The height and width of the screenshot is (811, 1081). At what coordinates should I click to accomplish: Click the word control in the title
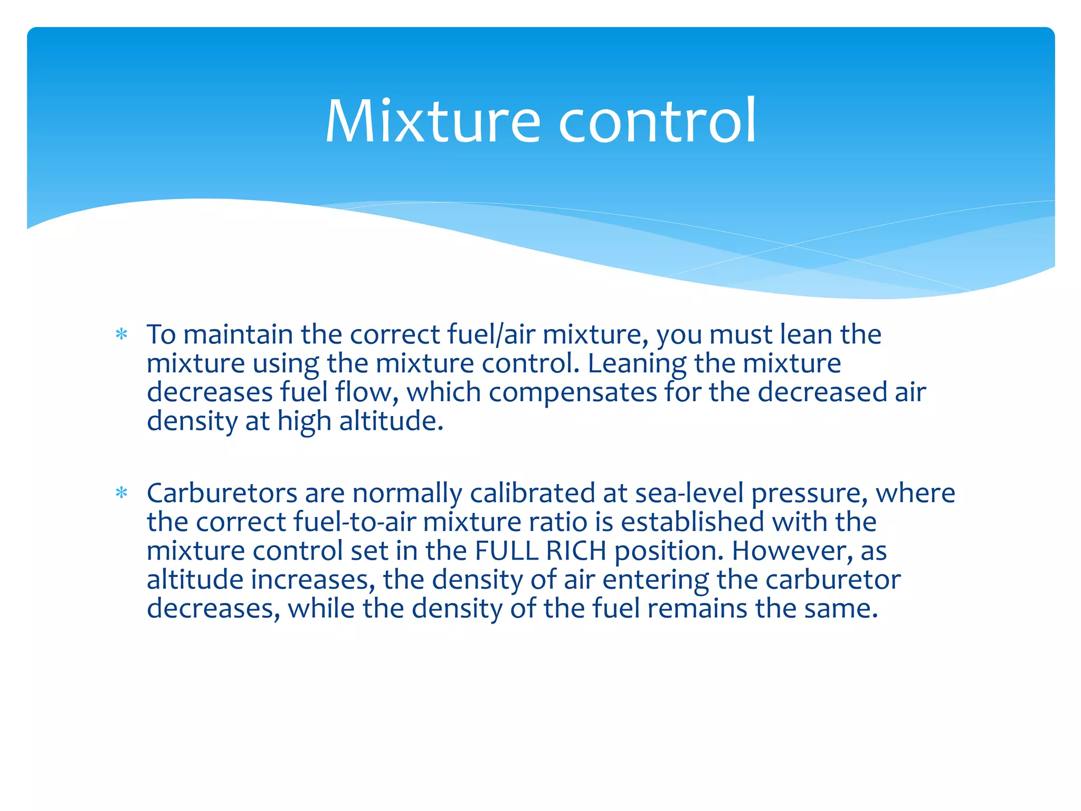click(x=657, y=121)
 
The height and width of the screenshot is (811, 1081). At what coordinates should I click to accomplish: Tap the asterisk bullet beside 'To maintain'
click(x=121, y=334)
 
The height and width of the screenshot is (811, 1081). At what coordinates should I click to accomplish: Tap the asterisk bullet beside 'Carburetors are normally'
click(x=121, y=493)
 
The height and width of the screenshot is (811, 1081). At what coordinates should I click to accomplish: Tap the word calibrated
click(x=532, y=493)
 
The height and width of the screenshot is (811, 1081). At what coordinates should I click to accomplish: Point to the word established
click(x=692, y=522)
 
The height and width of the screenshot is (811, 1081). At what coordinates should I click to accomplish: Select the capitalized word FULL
click(x=506, y=551)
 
